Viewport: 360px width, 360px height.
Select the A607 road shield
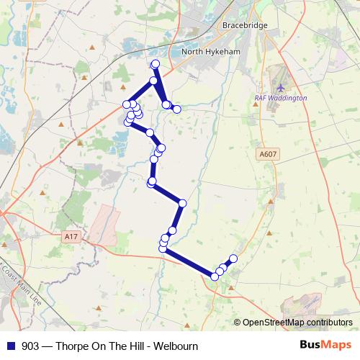[266, 153]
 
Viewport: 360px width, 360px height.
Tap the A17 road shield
[70, 235]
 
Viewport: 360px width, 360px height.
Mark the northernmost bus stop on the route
[155, 64]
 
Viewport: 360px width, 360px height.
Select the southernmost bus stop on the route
[215, 276]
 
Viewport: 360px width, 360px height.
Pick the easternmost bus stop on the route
[233, 258]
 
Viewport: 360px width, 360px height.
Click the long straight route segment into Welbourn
[189, 263]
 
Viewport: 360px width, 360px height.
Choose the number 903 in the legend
[30, 346]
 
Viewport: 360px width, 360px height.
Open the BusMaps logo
[325, 345]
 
